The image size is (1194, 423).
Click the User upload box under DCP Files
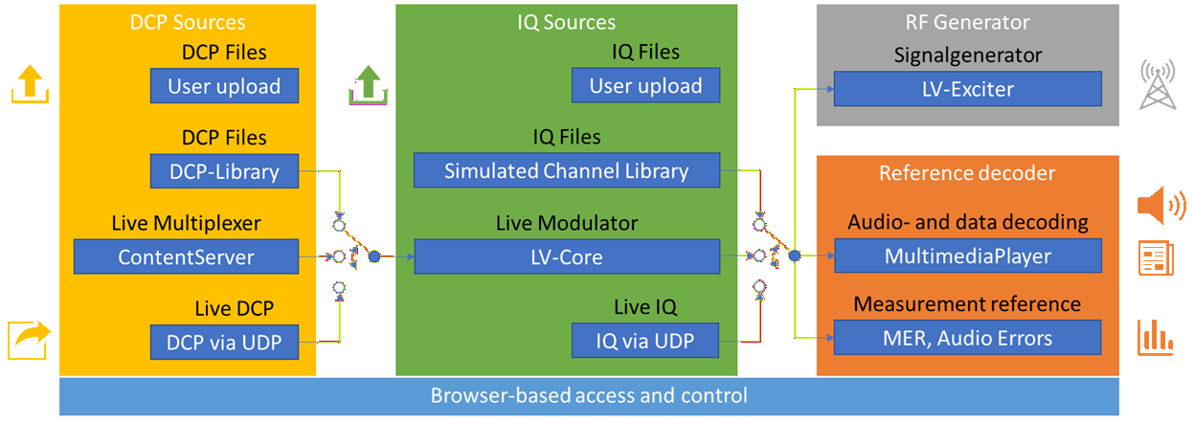click(x=224, y=87)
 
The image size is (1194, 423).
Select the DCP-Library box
click(x=224, y=171)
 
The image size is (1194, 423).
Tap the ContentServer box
click(x=186, y=256)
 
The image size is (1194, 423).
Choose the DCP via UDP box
click(x=224, y=341)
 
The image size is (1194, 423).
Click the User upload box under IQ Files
click(x=645, y=86)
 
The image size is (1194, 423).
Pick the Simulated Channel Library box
click(x=566, y=171)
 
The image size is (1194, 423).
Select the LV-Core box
click(x=566, y=256)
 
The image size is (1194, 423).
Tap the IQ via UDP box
click(x=645, y=340)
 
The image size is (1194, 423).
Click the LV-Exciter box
click(x=967, y=89)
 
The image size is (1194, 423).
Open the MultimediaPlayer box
click(x=967, y=256)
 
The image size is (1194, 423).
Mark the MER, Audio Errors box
click(x=967, y=338)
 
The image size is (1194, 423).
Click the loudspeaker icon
click(x=1160, y=203)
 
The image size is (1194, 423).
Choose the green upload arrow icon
click(x=365, y=82)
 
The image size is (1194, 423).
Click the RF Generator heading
click(x=967, y=22)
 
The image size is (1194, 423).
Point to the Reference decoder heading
click(x=967, y=173)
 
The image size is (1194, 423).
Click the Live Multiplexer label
click(x=186, y=224)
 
